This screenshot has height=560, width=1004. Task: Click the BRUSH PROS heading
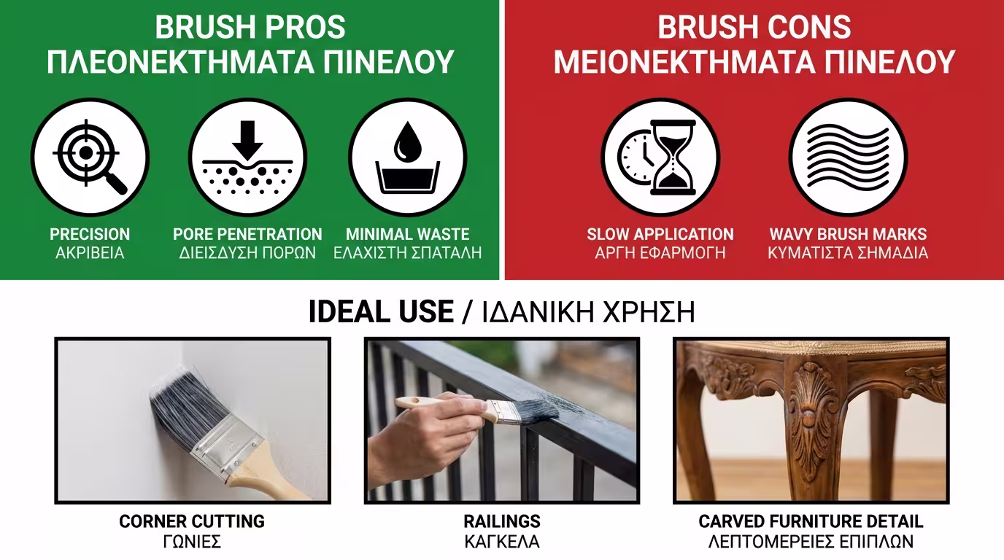[x=250, y=27]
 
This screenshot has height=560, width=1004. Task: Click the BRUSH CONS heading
[x=754, y=27]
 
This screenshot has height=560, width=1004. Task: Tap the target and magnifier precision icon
[x=90, y=157]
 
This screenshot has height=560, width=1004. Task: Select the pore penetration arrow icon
[x=248, y=157]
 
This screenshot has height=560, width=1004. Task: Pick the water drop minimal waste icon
[x=407, y=157]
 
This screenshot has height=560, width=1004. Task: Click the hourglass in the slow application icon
[x=673, y=157]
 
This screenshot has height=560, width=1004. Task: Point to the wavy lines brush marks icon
[x=848, y=157]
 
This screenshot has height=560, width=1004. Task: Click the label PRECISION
[x=90, y=234]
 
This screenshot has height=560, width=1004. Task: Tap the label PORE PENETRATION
[x=247, y=234]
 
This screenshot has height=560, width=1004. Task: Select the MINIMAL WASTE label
[x=407, y=234]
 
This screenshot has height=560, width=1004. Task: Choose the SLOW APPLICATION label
[x=660, y=234]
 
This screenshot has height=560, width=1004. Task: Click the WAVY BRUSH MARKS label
[x=848, y=234]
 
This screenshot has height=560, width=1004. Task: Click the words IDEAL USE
[x=381, y=312]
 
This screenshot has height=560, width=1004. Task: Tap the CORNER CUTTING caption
[x=192, y=521]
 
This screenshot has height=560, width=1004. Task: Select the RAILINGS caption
[x=502, y=521]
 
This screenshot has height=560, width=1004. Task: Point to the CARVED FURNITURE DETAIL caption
[x=811, y=521]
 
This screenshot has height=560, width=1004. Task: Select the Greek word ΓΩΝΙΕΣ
[x=192, y=542]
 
